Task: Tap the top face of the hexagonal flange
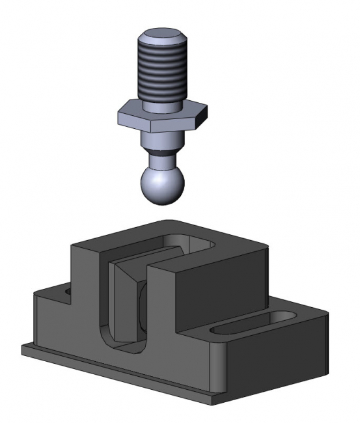[163, 108]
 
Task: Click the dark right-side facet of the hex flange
[203, 117]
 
